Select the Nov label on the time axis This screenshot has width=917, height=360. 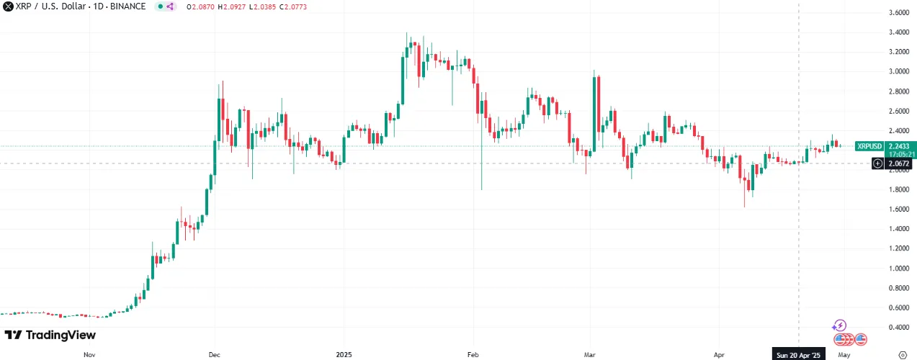click(89, 354)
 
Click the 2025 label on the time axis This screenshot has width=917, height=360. click(344, 354)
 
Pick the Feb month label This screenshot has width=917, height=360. click(473, 354)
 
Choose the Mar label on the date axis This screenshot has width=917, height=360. click(590, 354)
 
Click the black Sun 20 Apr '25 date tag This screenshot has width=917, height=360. click(798, 354)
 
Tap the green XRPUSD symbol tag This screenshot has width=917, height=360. click(869, 146)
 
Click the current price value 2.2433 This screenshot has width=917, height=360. click(898, 146)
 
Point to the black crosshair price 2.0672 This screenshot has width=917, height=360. click(898, 164)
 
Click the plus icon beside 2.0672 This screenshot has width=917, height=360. click(877, 164)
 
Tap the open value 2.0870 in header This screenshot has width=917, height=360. click(196, 6)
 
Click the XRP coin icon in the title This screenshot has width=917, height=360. click(7, 6)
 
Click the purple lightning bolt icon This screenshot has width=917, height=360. click(839, 325)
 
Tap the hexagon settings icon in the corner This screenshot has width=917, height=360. click(903, 354)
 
